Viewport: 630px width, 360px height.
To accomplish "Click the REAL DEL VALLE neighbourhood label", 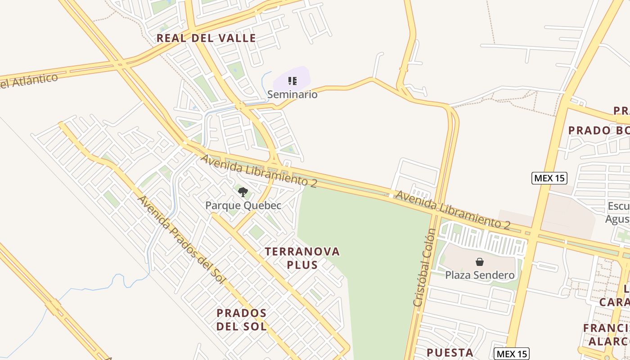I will pyautogui.click(x=206, y=38).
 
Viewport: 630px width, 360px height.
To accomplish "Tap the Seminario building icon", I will pyautogui.click(x=292, y=81).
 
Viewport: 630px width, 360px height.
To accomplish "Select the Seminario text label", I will pyautogui.click(x=292, y=94).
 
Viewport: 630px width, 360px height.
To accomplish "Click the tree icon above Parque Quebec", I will pyautogui.click(x=243, y=192).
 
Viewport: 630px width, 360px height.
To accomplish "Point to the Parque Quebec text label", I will pyautogui.click(x=243, y=206).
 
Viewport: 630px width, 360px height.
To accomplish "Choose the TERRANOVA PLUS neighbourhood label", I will pyautogui.click(x=302, y=258).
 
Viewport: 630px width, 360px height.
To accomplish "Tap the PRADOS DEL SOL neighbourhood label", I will pyautogui.click(x=242, y=319).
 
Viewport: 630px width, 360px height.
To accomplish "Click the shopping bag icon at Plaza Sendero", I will pyautogui.click(x=480, y=262).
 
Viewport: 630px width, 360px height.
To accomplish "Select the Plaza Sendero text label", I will pyautogui.click(x=480, y=275).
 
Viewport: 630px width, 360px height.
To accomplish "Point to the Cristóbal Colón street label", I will pyautogui.click(x=425, y=268).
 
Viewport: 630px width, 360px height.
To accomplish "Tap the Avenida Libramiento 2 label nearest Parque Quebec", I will pyautogui.click(x=259, y=171).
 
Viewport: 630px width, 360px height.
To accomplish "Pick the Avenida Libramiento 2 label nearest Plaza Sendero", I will pyautogui.click(x=452, y=210).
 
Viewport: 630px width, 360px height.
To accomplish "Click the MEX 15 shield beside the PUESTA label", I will pyautogui.click(x=511, y=353).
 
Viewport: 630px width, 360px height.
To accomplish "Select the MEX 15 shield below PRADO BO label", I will pyautogui.click(x=549, y=178).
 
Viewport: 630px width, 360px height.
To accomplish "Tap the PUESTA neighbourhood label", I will pyautogui.click(x=450, y=352).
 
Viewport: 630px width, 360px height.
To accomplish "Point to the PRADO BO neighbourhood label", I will pyautogui.click(x=598, y=130).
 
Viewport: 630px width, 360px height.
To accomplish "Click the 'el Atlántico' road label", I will pyautogui.click(x=29, y=81).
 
